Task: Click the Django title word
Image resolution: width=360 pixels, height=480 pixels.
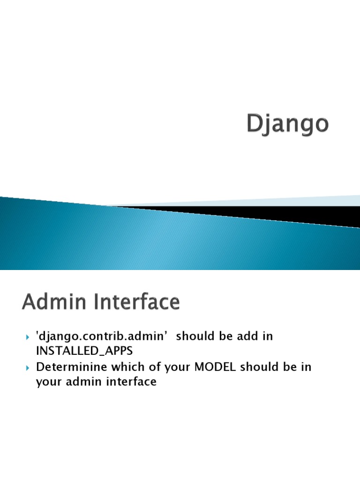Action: point(287,124)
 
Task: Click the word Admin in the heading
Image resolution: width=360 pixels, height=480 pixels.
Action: point(54,301)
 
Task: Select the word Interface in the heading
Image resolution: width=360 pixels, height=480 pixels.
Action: point(137,301)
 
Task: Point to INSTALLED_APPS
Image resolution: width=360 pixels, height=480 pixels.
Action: point(84,351)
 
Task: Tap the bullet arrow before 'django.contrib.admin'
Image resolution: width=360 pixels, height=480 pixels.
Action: point(28,337)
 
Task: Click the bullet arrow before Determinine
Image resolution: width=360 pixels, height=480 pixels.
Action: point(28,368)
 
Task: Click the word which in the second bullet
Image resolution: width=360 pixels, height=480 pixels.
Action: point(127,367)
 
